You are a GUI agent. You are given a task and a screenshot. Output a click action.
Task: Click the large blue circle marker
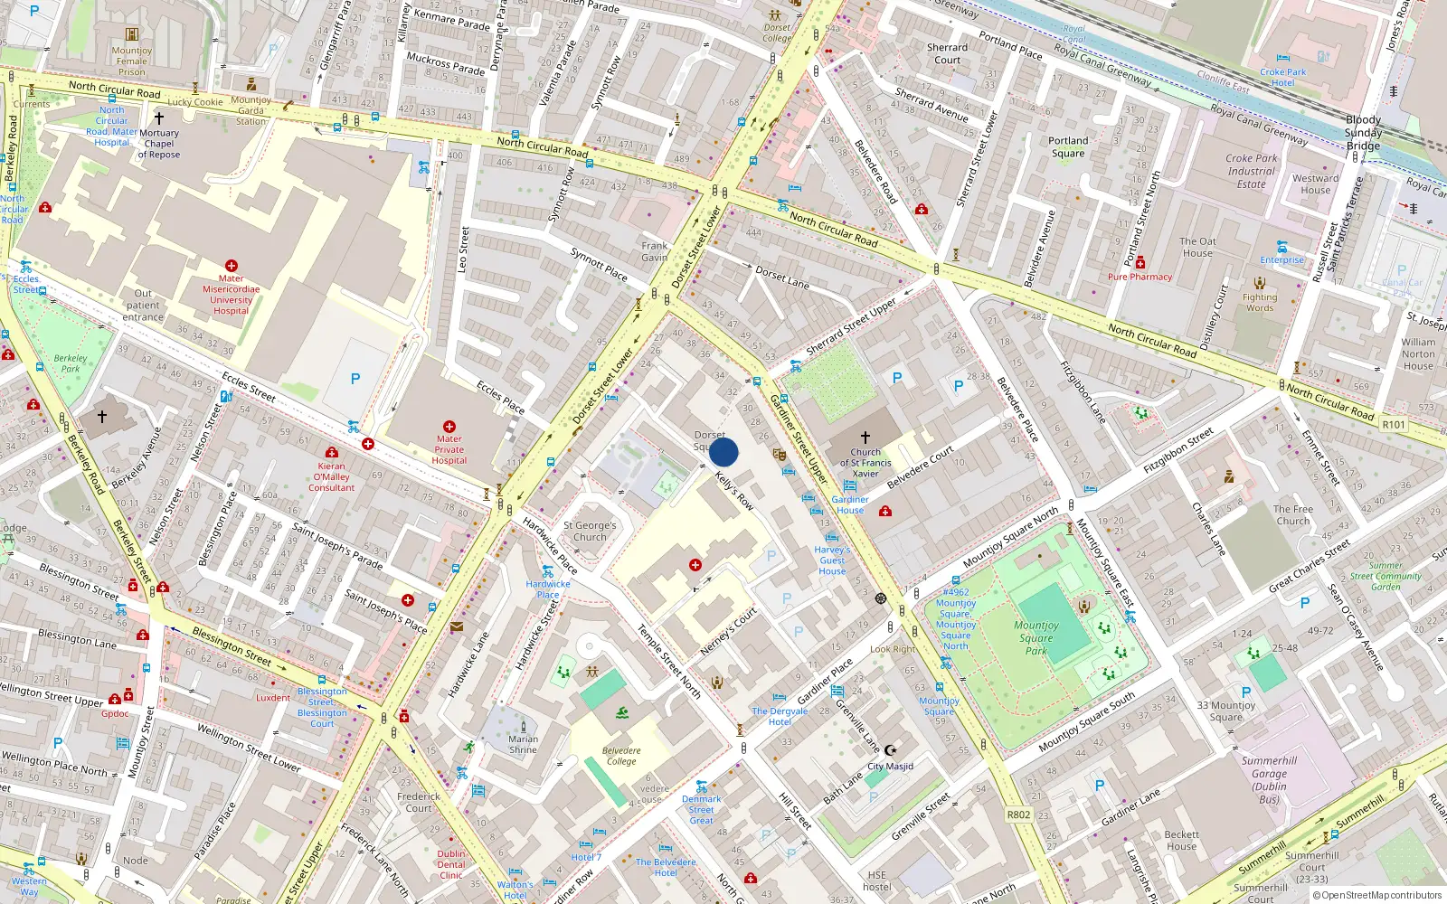[723, 452]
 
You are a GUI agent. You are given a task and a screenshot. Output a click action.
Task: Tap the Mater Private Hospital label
[449, 449]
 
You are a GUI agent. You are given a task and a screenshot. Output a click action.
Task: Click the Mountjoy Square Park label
[1036, 637]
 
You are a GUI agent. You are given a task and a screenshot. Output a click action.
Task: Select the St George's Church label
[590, 531]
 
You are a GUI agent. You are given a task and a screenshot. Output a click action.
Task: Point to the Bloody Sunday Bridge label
[1363, 132]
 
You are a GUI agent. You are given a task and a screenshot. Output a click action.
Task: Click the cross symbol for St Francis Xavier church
[865, 437]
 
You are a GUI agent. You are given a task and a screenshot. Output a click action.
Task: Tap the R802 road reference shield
[1018, 815]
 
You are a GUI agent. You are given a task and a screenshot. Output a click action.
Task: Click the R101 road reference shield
[1394, 424]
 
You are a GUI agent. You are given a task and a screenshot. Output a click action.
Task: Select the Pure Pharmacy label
[1140, 277]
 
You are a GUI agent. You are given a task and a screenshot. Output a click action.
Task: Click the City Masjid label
[891, 766]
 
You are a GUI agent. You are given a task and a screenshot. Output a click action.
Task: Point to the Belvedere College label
[621, 756]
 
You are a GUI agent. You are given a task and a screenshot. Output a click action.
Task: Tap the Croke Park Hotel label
[1282, 77]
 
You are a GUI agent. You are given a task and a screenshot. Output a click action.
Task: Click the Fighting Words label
[1260, 302]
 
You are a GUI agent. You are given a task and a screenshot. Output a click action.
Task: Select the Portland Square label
[1068, 146]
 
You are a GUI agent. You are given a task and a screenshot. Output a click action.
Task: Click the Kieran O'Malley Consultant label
[332, 476]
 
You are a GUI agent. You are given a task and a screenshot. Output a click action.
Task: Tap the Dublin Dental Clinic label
[451, 864]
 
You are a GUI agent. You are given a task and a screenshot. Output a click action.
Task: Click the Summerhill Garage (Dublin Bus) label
[1269, 779]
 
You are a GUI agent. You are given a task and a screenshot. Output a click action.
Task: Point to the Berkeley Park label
[71, 363]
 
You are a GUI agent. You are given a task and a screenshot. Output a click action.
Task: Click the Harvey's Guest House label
[832, 560]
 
